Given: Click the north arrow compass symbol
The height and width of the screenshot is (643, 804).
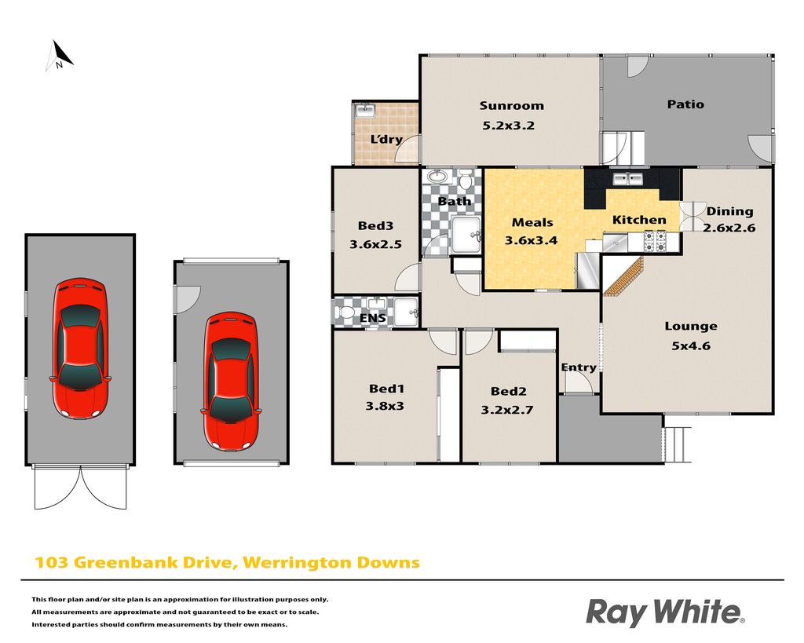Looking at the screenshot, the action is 60,56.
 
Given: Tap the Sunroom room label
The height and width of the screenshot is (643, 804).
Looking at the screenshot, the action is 511,106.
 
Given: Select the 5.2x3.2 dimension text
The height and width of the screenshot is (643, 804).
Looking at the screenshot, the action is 508,125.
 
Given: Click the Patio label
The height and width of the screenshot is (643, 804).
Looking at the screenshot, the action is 685,104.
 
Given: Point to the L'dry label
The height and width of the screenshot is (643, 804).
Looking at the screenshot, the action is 386,139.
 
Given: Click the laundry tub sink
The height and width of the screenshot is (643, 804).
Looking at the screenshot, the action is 365,110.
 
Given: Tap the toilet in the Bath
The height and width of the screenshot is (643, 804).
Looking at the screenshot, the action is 466,180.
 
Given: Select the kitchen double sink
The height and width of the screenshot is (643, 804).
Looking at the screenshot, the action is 627,178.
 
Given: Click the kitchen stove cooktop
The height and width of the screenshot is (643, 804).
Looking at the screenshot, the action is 655,242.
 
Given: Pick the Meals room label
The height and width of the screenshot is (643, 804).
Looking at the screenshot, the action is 532,222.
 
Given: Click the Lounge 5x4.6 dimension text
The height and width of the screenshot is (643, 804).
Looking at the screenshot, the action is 691,345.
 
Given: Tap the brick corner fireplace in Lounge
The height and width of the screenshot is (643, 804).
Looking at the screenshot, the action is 623,277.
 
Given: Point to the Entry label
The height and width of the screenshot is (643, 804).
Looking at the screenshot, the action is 579,367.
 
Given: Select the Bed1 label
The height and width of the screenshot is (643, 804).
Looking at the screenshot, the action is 386,389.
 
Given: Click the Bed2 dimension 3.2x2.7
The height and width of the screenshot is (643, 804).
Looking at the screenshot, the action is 507,410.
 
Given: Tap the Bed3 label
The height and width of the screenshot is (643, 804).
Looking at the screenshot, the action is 375,225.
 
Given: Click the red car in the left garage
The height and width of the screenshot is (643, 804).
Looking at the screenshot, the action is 80,349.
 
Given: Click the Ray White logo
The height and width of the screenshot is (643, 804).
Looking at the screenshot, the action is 665,612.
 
